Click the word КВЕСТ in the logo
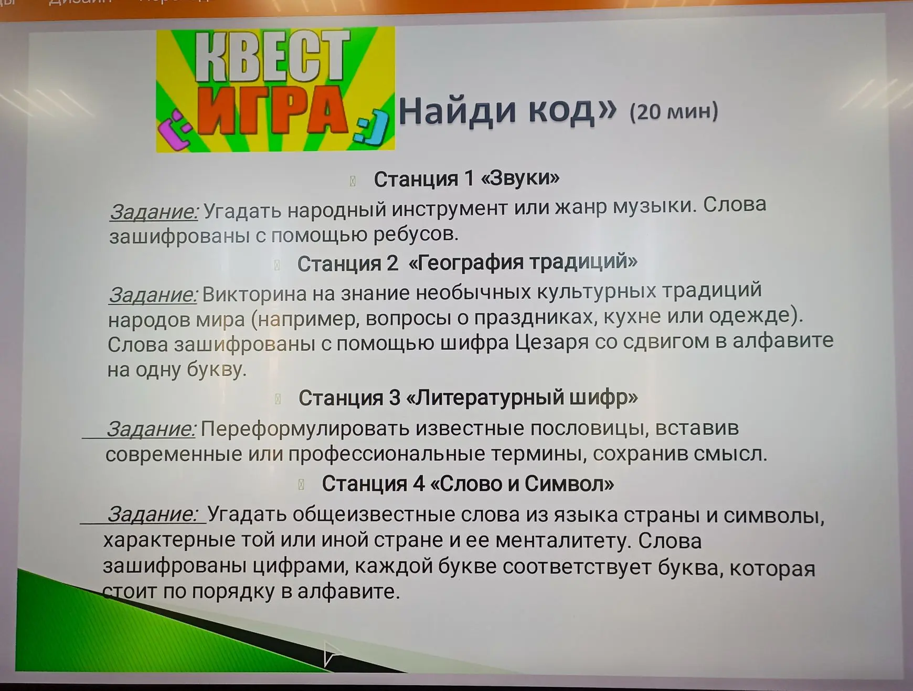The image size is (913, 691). click(x=272, y=56)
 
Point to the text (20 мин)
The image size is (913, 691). click(x=674, y=111)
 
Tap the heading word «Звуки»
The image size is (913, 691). click(x=520, y=179)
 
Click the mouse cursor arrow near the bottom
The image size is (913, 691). click(x=332, y=653)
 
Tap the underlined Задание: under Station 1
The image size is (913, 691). click(x=154, y=212)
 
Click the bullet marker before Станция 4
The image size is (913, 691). click(x=301, y=484)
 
